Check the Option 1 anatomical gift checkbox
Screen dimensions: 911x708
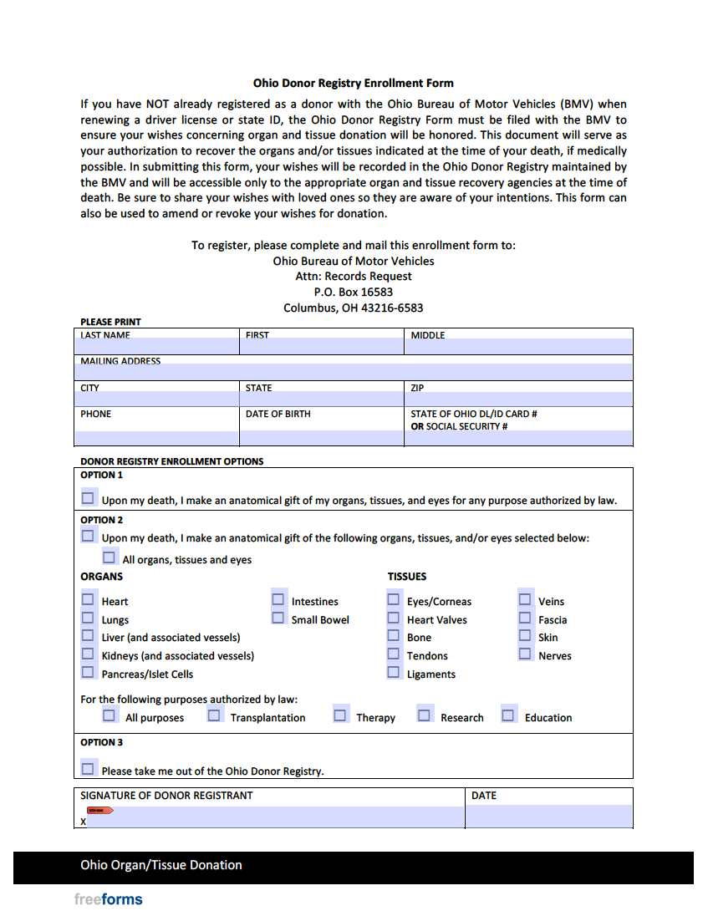tap(88, 498)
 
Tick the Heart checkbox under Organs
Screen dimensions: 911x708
tap(88, 599)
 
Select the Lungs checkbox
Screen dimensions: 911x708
tap(88, 618)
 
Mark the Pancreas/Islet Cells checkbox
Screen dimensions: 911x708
tap(88, 672)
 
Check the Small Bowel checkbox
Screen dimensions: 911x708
tap(278, 618)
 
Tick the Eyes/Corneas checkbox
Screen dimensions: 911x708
tap(393, 599)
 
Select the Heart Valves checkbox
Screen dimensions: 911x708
tap(393, 618)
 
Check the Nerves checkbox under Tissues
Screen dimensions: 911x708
tap(524, 654)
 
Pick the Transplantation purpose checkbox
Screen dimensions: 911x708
tap(215, 715)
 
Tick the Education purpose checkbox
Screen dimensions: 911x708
tap(508, 715)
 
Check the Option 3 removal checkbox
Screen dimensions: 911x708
tap(88, 769)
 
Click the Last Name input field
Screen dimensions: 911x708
tap(157, 346)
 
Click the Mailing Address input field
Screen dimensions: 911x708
tap(354, 372)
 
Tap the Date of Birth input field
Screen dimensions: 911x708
tap(321, 437)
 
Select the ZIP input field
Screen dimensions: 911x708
tap(518, 398)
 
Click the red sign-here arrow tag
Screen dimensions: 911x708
tap(99, 811)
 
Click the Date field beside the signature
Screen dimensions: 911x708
tap(548, 816)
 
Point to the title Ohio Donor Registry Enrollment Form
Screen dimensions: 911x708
tap(354, 84)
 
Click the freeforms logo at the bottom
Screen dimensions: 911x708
tap(108, 899)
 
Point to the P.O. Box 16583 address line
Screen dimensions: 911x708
tap(354, 292)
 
